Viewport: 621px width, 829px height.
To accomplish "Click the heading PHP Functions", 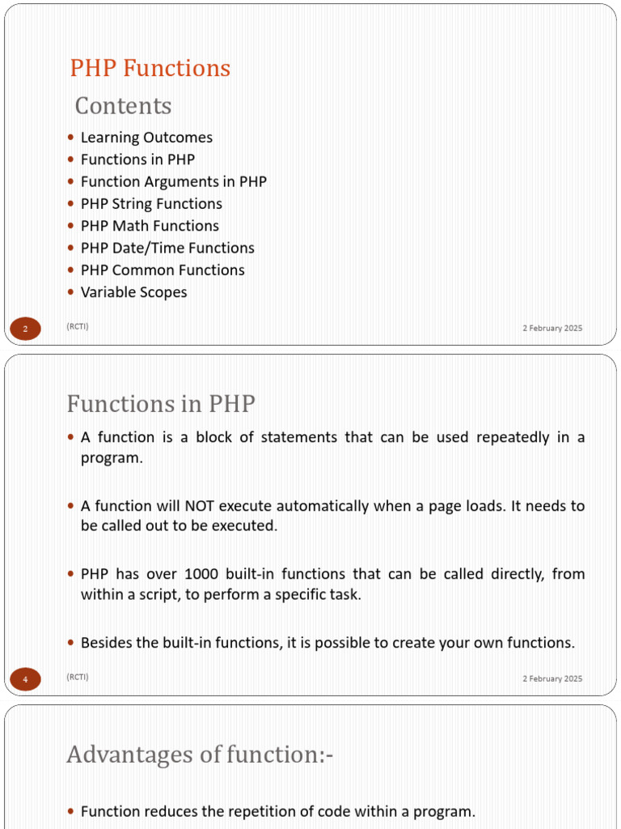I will coord(150,68).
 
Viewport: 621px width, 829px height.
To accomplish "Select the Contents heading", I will coord(123,106).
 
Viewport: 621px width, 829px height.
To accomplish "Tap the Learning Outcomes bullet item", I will coord(146,138).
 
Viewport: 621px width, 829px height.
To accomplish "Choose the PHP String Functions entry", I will coord(151,204).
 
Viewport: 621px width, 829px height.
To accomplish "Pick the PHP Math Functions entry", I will coord(150,226).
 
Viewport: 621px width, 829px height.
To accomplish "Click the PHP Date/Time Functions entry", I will coord(167,248).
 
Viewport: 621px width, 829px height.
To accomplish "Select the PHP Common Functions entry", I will coord(163,270).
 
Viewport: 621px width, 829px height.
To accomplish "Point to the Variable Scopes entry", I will coord(133,292).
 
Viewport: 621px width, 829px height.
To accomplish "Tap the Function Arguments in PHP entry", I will coord(173,182).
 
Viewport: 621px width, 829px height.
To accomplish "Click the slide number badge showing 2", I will coord(25,329).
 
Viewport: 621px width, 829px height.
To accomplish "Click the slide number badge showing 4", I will coord(25,679).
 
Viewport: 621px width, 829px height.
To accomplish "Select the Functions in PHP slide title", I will coord(161,403).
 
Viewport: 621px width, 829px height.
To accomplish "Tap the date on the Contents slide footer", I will coord(551,328).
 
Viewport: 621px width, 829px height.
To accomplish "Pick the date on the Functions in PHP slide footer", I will coord(551,678).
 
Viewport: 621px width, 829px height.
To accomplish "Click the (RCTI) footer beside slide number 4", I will coord(78,677).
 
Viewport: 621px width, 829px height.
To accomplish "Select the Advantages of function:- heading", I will coord(200,755).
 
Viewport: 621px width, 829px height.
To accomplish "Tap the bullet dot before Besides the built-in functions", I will coord(71,643).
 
